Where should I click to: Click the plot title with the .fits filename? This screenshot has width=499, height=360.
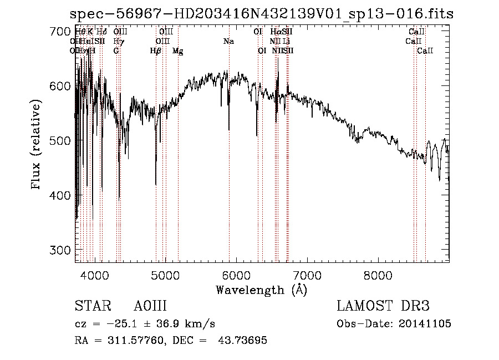pos(263,14)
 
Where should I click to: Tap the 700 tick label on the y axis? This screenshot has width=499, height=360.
pos(58,32)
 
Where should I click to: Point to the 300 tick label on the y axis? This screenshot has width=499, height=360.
pos(58,250)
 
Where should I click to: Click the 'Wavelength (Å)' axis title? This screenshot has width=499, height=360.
pos(261,290)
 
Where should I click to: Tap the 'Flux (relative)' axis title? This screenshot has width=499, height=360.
pos(37,145)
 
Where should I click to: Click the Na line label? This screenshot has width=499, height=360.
pos(228,41)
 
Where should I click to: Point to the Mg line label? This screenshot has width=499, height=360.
pos(178,51)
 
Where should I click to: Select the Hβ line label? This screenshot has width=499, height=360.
pos(156,50)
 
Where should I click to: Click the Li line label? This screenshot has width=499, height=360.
pos(286,41)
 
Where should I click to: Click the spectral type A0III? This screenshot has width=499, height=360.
pos(150,306)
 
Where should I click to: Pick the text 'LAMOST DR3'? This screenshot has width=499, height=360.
pos(383,306)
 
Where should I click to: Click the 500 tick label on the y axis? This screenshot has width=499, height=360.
pos(58,141)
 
